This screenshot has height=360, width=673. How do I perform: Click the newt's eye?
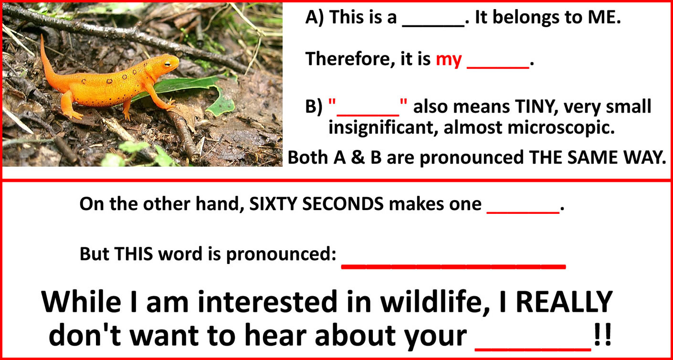[168, 64]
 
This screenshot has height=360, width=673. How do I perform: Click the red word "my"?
[449, 60]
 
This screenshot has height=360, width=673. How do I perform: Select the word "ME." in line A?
[604, 17]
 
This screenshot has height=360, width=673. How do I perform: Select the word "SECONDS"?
[343, 204]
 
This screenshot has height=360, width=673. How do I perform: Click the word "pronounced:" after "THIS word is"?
[281, 255]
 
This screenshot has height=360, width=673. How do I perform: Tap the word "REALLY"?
[564, 302]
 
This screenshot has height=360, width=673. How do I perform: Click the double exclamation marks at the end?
[602, 335]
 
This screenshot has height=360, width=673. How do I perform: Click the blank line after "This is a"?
[433, 26]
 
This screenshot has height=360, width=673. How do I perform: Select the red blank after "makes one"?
[523, 213]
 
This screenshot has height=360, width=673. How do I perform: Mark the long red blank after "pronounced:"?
[453, 266]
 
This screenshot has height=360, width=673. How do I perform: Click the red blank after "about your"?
[533, 349]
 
